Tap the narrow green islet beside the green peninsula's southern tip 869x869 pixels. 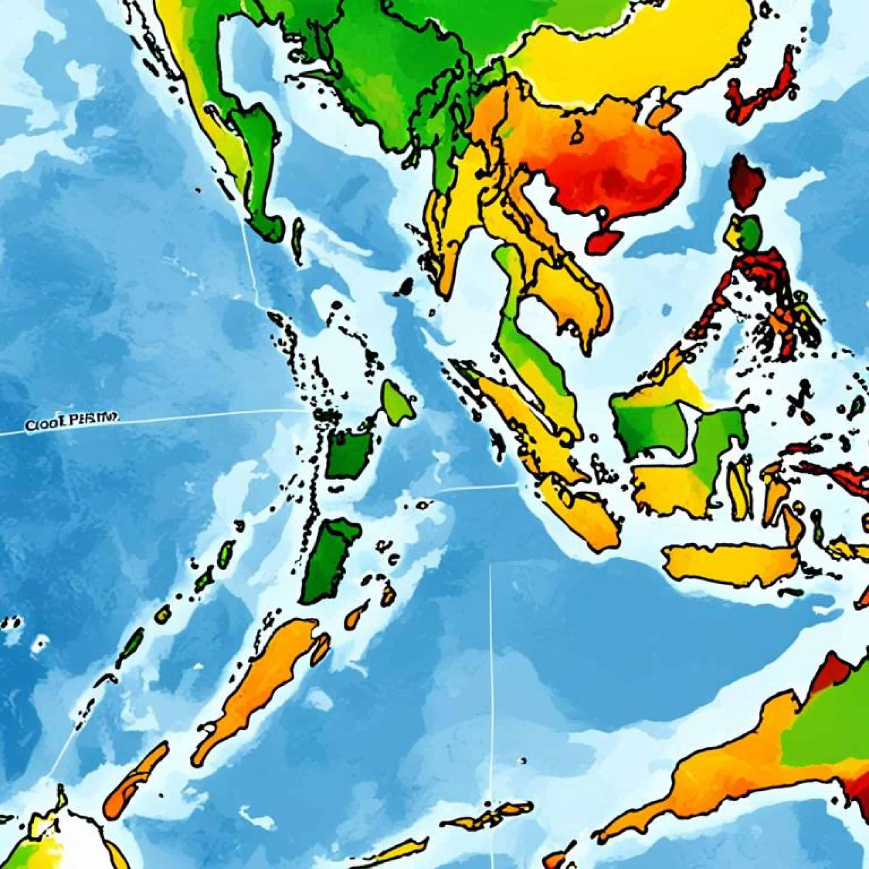(298, 241)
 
